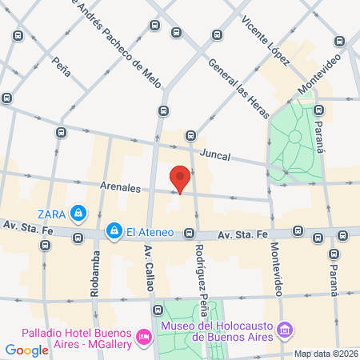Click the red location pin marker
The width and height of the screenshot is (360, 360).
coord(180,178)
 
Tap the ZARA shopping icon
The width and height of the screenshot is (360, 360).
coord(78,213)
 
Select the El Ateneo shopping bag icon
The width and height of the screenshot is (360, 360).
coord(115,232)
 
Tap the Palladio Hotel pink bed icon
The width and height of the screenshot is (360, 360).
coord(144,335)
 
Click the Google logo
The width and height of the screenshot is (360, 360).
coord(26,350)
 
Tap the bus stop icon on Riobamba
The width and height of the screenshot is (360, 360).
coord(78,238)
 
